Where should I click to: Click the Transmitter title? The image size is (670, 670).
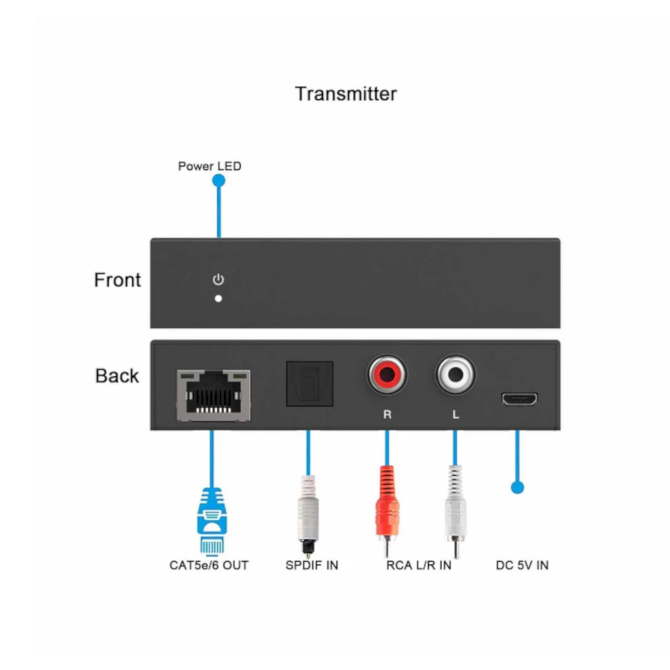click(346, 94)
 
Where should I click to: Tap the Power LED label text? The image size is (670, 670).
click(209, 166)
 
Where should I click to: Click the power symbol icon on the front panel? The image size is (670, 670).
click(218, 280)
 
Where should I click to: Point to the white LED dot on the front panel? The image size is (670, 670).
click(218, 299)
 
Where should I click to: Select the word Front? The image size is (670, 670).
click(117, 280)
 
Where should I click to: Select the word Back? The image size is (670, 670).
click(117, 376)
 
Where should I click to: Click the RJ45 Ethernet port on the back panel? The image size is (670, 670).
click(213, 396)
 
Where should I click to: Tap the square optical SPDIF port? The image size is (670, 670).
click(309, 384)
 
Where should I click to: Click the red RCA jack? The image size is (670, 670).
click(387, 375)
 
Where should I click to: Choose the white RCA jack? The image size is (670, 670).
click(456, 375)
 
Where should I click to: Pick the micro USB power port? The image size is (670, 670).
click(519, 399)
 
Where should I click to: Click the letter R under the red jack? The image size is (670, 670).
click(387, 414)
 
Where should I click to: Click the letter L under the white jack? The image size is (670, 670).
click(456, 414)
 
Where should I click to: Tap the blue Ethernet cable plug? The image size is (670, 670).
click(212, 521)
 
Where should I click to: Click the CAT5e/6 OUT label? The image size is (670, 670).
click(209, 566)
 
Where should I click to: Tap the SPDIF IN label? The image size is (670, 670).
click(312, 566)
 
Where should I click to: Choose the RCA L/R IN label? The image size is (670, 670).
click(419, 566)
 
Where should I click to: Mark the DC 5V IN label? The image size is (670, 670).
click(522, 566)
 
